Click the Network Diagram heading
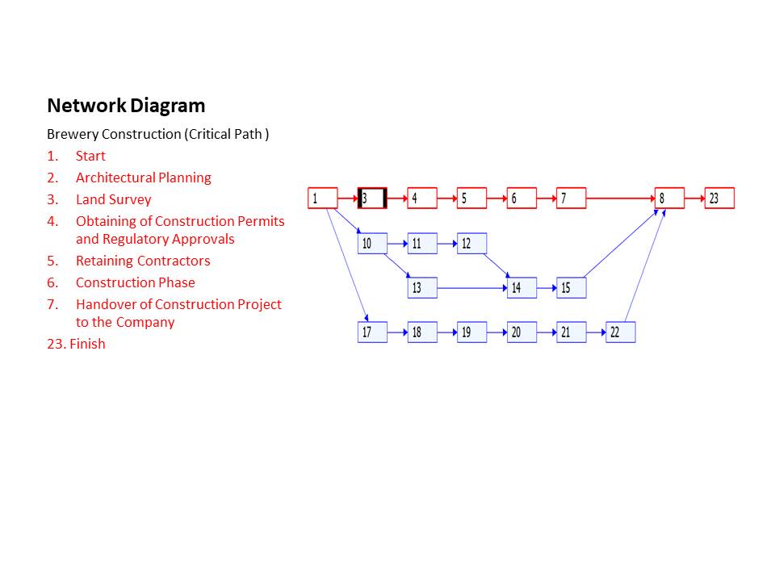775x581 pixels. [126, 106]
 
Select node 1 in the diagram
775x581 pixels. [322, 199]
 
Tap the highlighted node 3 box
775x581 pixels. [372, 199]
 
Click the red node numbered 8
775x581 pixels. [669, 199]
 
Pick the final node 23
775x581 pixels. [719, 199]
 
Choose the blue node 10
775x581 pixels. [372, 243]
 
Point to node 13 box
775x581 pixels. [422, 287]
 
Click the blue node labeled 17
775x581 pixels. [372, 332]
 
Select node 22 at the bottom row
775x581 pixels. [620, 332]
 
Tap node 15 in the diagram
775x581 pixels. [571, 287]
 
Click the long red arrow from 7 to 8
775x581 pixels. [620, 198]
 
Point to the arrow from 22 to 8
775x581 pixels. [646, 266]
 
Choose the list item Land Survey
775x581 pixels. [113, 199]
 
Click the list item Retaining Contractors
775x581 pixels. [143, 261]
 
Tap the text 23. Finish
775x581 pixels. [76, 344]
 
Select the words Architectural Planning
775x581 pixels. [143, 178]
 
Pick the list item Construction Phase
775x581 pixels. [135, 282]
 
